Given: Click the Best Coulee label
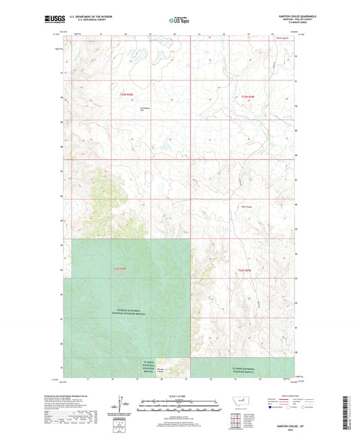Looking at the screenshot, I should (248, 207).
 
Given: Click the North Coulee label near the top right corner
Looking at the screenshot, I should (282, 39).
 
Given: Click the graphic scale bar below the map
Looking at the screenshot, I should (179, 407).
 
